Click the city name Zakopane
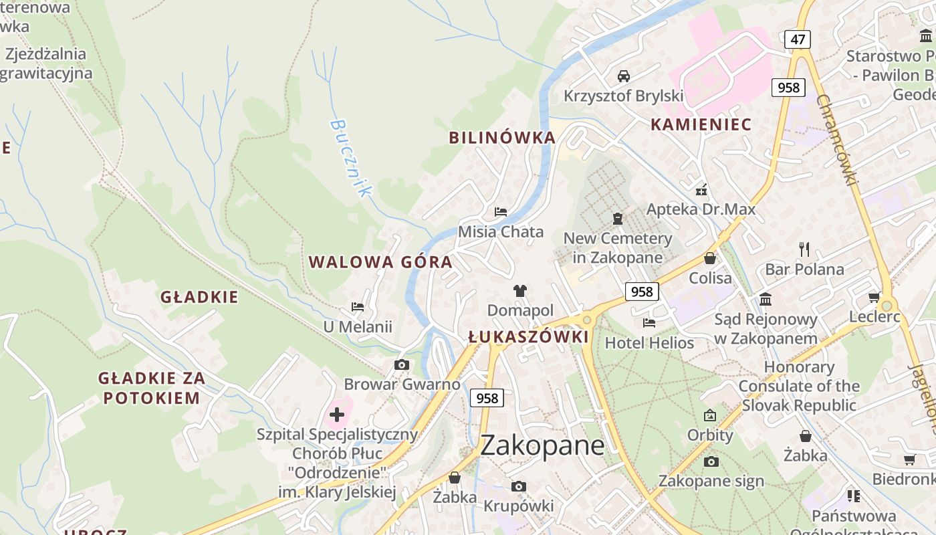[x=542, y=445]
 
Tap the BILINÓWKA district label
[x=502, y=138]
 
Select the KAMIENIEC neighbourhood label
[x=701, y=124]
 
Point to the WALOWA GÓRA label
[x=380, y=262]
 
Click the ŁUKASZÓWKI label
[x=528, y=337]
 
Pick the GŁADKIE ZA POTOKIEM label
[x=152, y=388]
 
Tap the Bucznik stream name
[x=350, y=158]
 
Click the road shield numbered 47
[x=798, y=39]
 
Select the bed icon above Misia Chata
[x=500, y=212]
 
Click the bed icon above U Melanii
[x=358, y=307]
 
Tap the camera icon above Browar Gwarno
[x=401, y=364]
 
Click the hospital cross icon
[x=337, y=415]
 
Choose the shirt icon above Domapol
[x=520, y=290]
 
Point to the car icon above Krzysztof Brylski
[x=623, y=76]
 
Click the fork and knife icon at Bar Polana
[x=804, y=249]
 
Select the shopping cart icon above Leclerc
[x=874, y=297]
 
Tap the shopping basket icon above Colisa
[x=710, y=257]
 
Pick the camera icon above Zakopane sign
[x=711, y=461]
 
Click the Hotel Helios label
[x=649, y=343]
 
